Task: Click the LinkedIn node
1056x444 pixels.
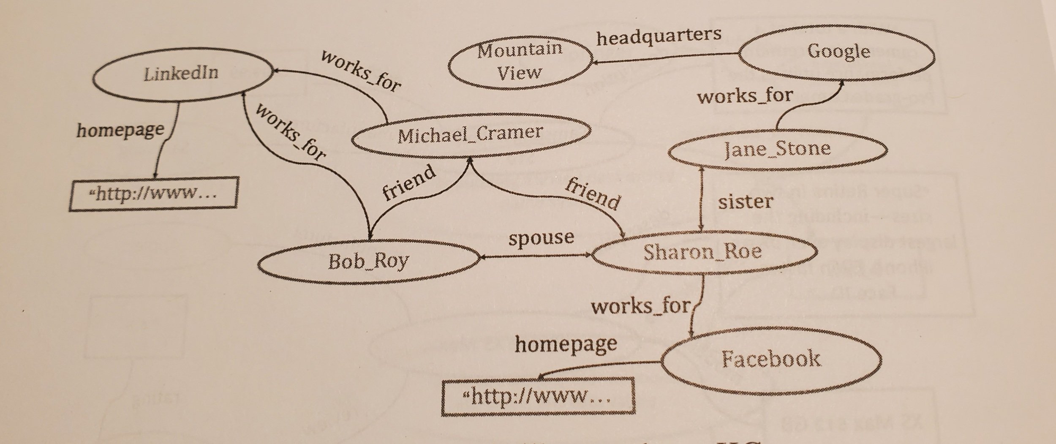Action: click(x=182, y=75)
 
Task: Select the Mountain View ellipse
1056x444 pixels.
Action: click(x=520, y=63)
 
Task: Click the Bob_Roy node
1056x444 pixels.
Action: click(x=368, y=261)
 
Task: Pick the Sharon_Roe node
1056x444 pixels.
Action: click(x=703, y=252)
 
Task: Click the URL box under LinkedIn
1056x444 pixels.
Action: click(x=154, y=194)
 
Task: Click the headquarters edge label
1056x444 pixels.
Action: click(x=659, y=37)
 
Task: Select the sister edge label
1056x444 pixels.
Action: click(x=746, y=202)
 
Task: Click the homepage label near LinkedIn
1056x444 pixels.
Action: click(x=120, y=130)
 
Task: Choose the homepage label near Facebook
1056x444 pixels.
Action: click(x=566, y=344)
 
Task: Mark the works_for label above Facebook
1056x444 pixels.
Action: click(x=640, y=306)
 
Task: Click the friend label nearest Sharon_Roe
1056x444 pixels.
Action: click(x=593, y=194)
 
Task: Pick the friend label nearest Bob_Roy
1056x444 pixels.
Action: click(x=408, y=183)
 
